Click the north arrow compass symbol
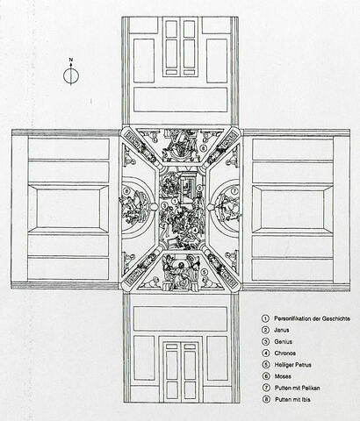[71, 75]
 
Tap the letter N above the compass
[71, 60]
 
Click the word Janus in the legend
[282, 330]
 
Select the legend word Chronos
[285, 353]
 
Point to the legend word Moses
[283, 376]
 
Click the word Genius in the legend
[283, 341]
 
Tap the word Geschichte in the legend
[335, 318]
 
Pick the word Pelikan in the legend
[310, 388]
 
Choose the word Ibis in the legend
[306, 399]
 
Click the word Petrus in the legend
[302, 365]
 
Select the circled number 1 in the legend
[266, 318]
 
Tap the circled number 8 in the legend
[266, 399]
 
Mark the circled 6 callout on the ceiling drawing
[204, 148]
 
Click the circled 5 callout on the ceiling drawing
[205, 273]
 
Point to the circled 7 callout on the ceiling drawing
[234, 191]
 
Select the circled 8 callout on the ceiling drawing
[126, 191]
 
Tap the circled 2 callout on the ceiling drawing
[199, 189]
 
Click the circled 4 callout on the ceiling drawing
[195, 230]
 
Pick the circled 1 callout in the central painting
[175, 201]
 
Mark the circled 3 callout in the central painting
[164, 206]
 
